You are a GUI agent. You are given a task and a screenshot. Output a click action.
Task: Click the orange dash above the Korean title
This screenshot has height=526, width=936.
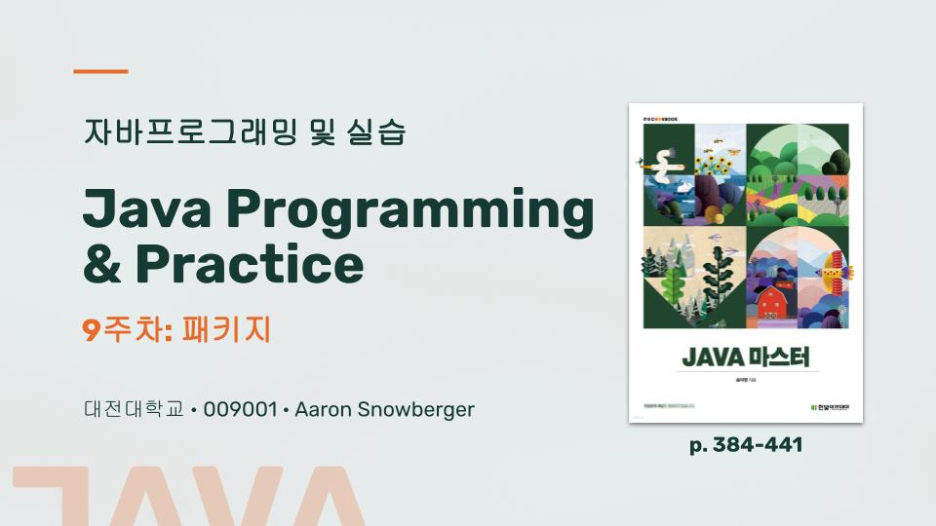tap(101, 71)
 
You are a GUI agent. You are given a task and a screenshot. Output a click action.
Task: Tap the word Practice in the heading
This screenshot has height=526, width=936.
tap(250, 263)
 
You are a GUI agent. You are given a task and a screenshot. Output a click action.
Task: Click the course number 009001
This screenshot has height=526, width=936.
tap(239, 409)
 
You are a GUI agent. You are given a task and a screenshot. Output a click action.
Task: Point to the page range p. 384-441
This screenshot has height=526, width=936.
tap(746, 445)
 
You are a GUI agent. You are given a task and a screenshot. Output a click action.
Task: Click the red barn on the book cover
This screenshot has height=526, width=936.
tap(773, 302)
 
